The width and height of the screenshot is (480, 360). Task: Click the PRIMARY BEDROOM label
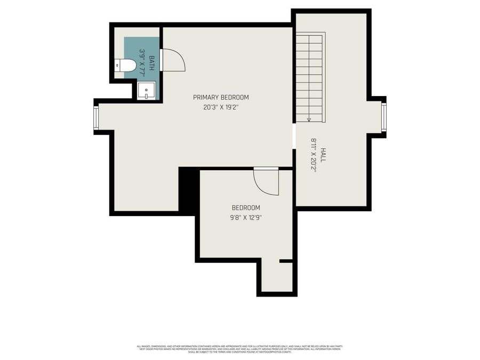tap(221, 97)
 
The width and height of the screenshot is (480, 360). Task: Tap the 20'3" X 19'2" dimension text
tap(221, 107)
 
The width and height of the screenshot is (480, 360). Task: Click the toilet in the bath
tap(126, 66)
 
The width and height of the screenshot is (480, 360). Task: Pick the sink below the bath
tap(146, 91)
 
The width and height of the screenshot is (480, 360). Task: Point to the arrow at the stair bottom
tap(309, 119)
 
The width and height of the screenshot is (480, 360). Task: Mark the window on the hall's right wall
tap(383, 117)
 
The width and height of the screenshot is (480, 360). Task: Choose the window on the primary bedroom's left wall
tap(96, 118)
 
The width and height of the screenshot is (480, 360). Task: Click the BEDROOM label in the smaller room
tap(245, 207)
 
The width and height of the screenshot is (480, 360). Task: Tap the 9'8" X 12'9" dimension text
tap(245, 217)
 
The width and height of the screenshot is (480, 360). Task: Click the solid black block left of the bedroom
tap(187, 190)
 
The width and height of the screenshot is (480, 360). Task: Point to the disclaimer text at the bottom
tap(239, 349)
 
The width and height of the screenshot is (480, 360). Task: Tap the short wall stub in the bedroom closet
tap(286, 261)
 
